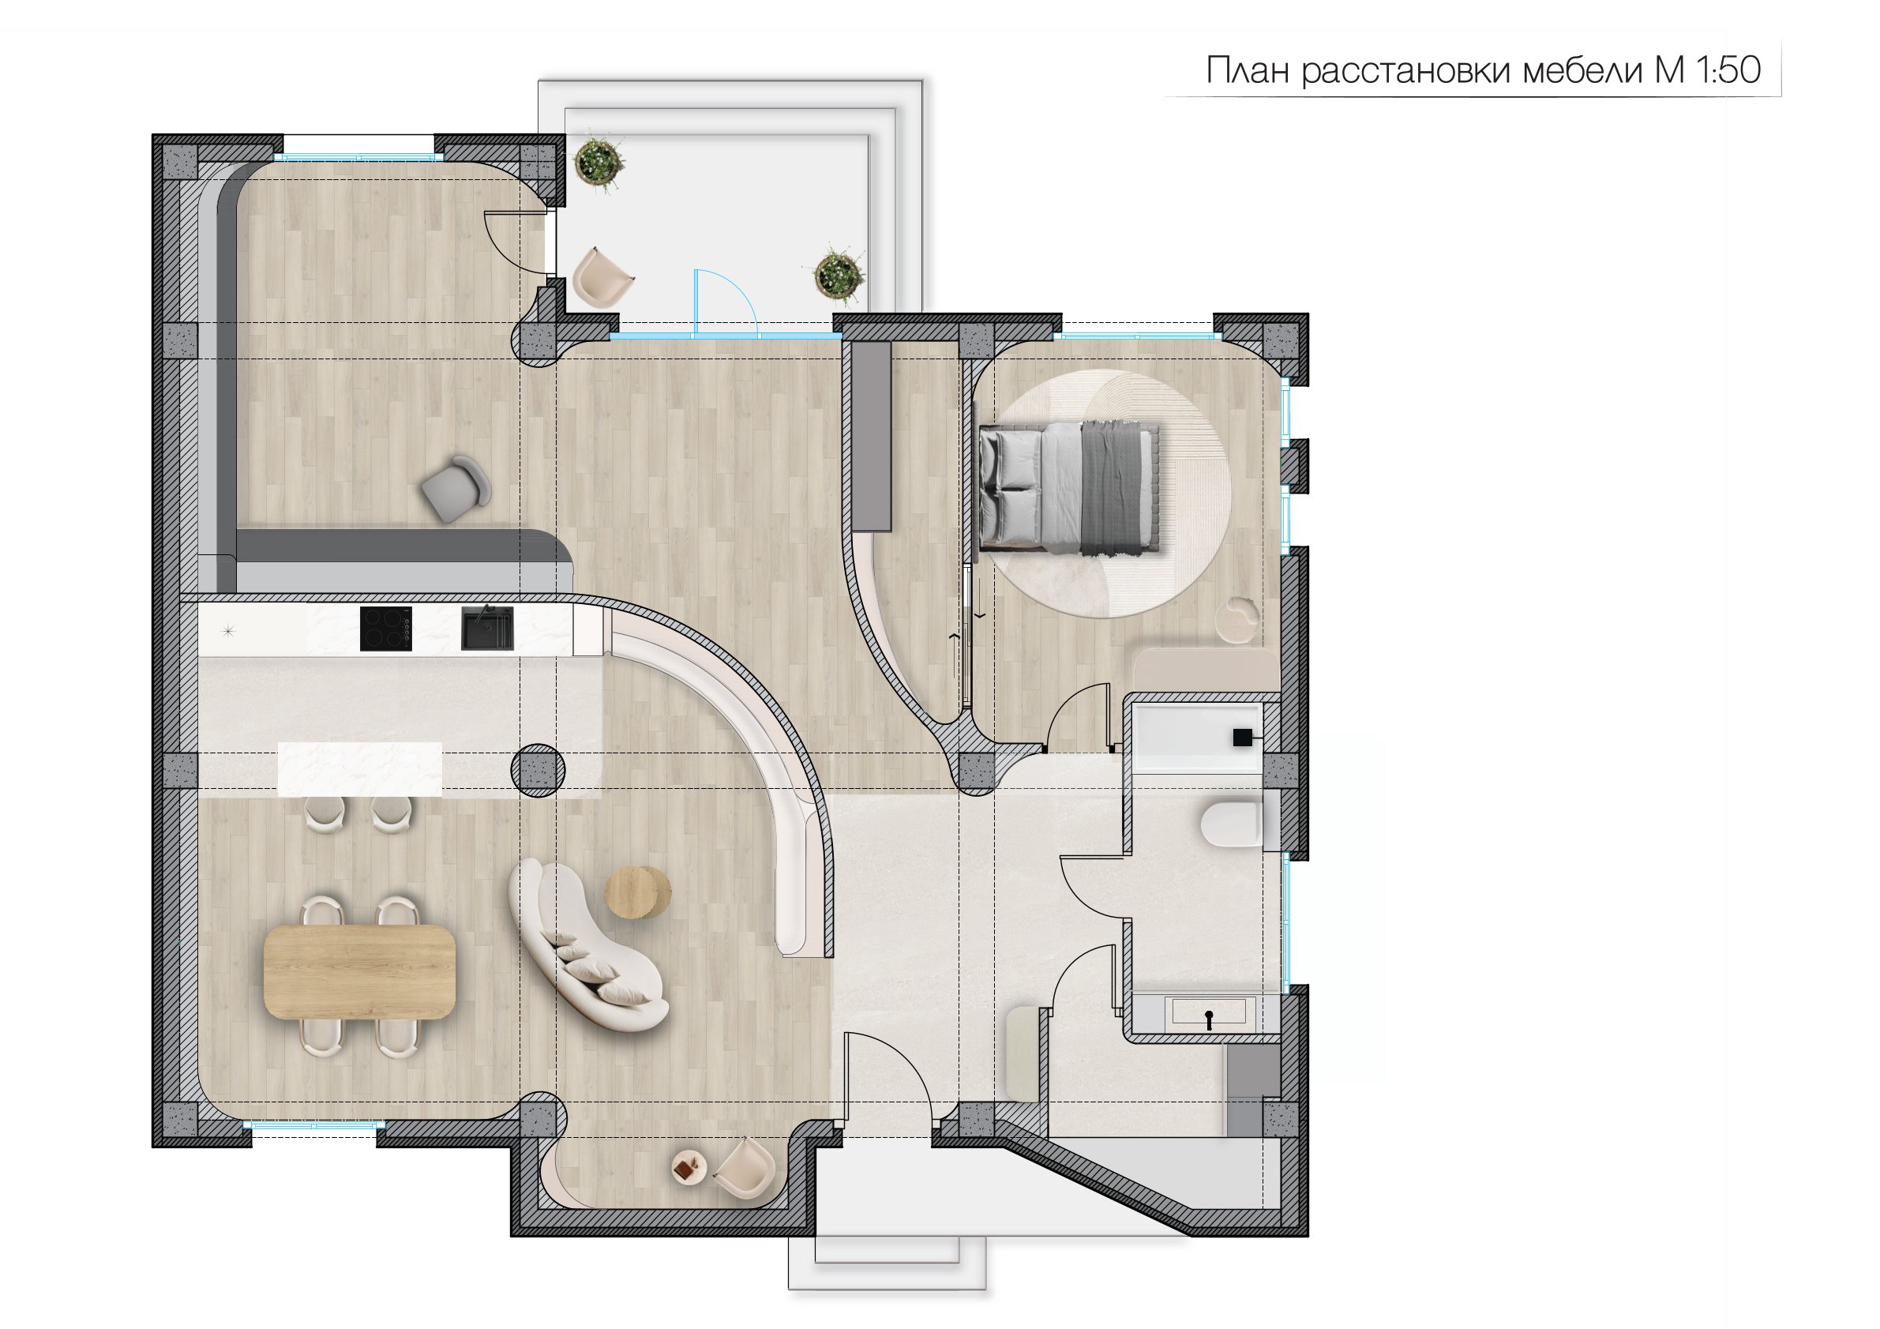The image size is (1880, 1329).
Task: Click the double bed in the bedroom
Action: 1070,488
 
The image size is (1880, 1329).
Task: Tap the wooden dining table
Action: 359,972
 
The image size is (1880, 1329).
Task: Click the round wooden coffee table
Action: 638,892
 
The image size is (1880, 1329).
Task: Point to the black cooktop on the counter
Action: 385,629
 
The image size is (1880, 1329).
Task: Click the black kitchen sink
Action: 487,628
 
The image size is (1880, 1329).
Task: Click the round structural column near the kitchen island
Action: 538,771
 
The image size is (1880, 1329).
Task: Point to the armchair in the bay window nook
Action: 744,1169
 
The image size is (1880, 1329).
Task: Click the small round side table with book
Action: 689,1168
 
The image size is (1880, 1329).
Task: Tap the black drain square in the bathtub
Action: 1242,737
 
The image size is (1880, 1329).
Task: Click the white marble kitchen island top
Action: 359,770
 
